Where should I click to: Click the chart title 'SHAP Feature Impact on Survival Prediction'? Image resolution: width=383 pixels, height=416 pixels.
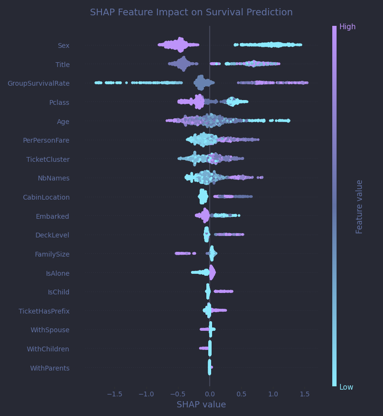191,12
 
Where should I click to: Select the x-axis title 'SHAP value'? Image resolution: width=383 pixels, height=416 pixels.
201,405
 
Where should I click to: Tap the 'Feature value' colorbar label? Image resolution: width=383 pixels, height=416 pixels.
360,206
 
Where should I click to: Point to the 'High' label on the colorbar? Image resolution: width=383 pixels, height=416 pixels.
347,27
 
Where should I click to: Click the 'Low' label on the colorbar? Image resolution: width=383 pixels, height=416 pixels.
346,387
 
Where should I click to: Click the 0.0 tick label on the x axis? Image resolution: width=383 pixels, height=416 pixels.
209,394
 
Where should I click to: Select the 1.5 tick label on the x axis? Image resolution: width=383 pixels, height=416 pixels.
304,394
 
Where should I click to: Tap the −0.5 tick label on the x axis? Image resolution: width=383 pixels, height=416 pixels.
178,394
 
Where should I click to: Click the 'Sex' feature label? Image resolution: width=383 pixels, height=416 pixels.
64,45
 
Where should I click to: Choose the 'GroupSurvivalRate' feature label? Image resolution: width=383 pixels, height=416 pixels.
38,83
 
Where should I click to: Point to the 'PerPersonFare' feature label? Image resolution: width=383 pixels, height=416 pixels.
46,140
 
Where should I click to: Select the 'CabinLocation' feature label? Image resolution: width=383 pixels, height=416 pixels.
46,197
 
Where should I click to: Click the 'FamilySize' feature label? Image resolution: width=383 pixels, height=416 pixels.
52,254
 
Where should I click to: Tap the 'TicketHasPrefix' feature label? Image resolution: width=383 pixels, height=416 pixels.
44,311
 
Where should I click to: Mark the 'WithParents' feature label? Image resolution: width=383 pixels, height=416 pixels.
50,368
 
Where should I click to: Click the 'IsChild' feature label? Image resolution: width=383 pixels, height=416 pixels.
58,292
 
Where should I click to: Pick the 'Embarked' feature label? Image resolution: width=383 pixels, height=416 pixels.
52,216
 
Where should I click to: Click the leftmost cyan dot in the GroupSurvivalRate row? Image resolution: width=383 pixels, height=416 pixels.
97,83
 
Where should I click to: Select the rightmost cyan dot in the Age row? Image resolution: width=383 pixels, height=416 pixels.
288,121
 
